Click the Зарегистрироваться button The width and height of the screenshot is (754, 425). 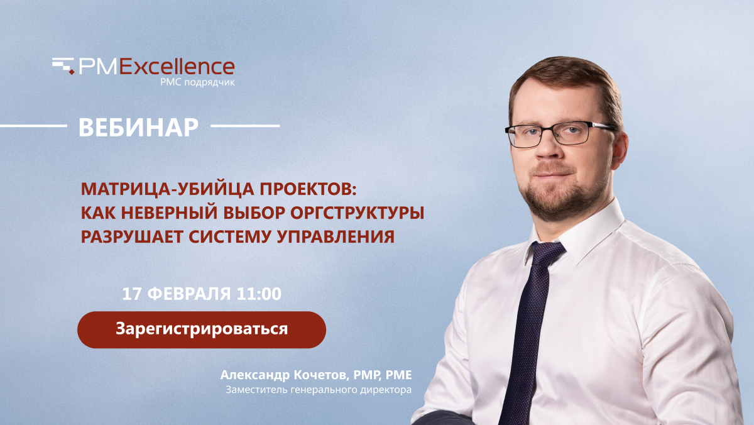[201, 329]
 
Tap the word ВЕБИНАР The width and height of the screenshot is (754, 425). [138, 127]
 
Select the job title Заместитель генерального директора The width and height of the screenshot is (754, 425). [319, 390]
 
